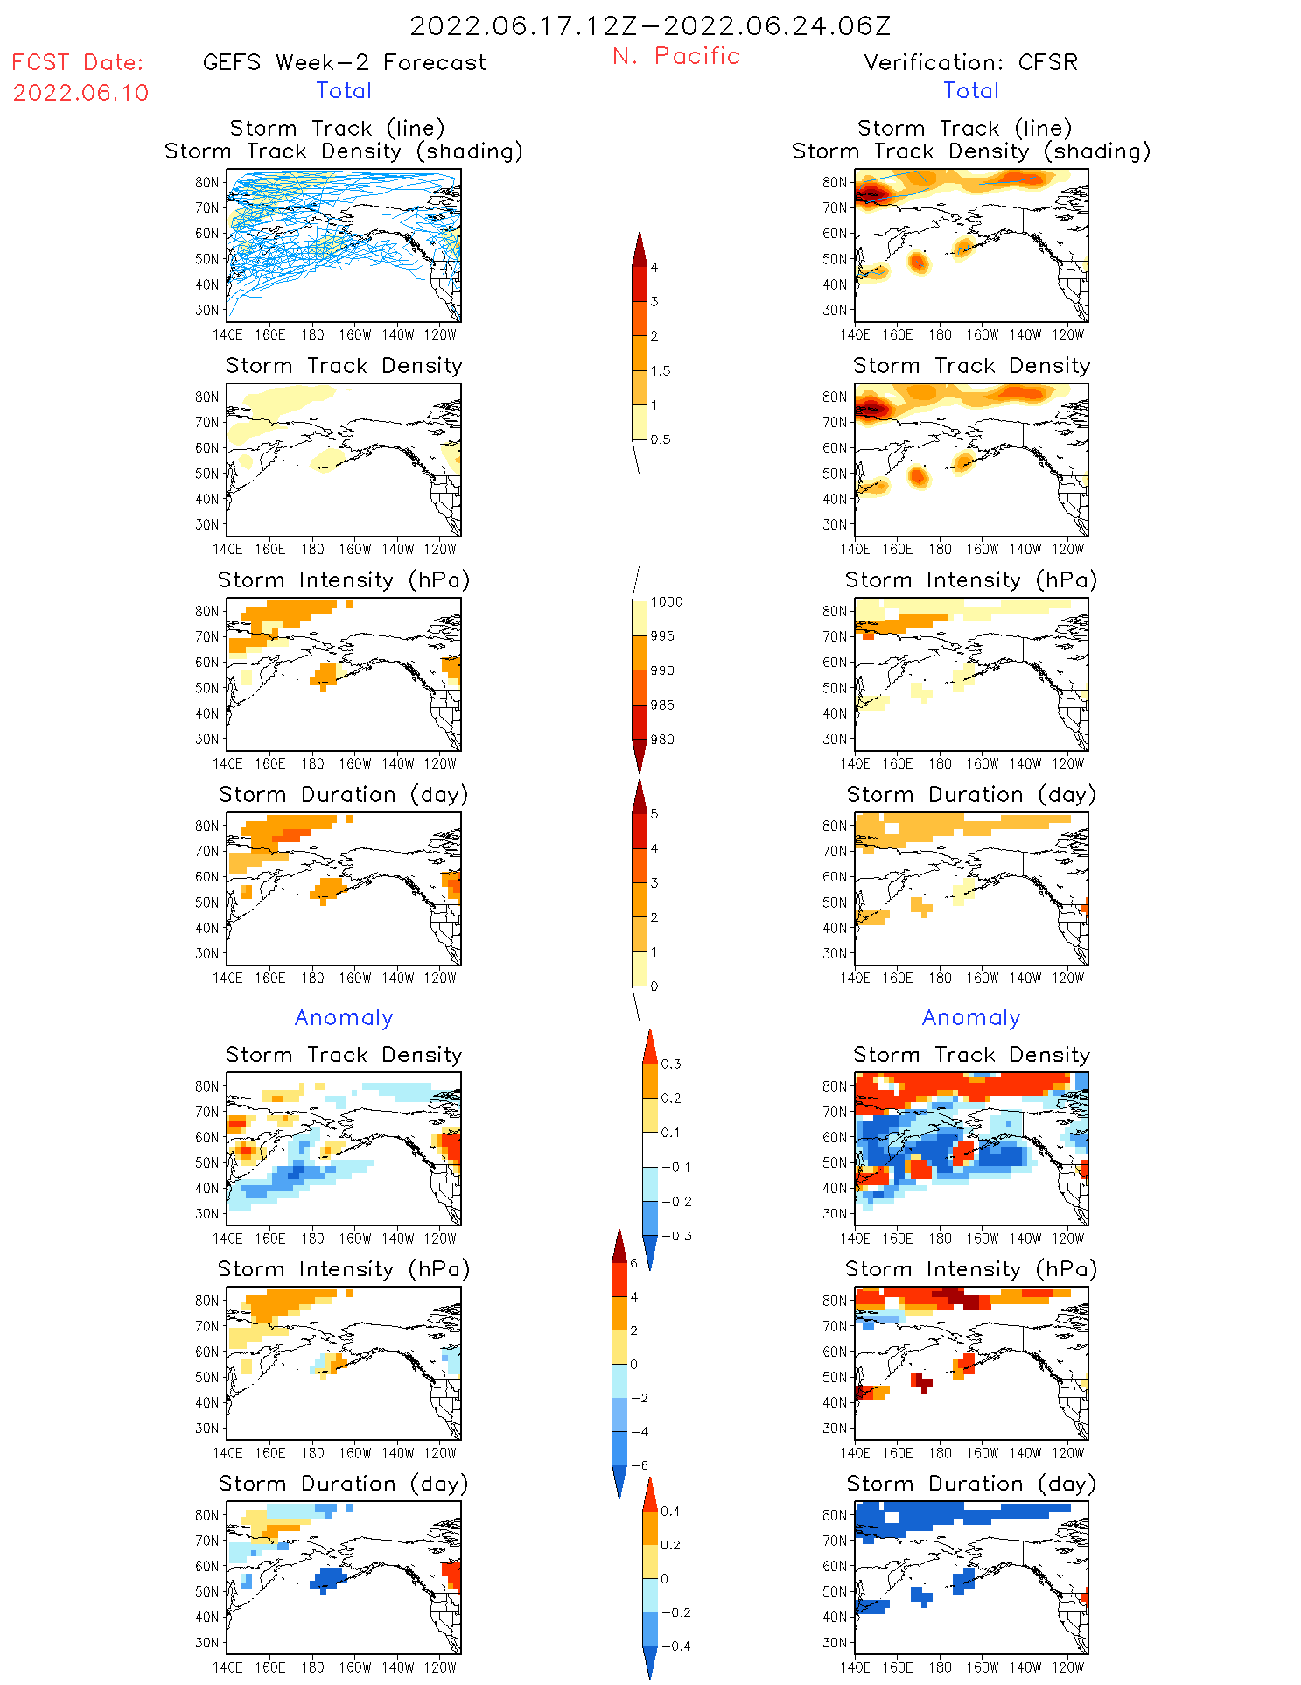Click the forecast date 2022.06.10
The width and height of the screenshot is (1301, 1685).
point(80,93)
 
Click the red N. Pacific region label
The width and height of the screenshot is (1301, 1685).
point(676,56)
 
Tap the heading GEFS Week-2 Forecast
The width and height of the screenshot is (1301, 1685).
point(344,62)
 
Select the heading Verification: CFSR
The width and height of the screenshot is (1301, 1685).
point(970,62)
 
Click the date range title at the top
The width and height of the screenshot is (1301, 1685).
point(650,25)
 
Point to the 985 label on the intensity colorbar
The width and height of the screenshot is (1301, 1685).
point(662,706)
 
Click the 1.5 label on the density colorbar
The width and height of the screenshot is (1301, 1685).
point(661,370)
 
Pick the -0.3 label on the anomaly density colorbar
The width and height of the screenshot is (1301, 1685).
point(675,1236)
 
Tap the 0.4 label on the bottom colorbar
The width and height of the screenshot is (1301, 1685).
point(670,1511)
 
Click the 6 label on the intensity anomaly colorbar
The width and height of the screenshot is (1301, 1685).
point(634,1263)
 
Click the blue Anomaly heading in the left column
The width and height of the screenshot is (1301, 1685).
point(344,1017)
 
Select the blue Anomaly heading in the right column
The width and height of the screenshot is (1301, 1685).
point(971,1017)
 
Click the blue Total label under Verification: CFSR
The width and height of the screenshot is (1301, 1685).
point(971,90)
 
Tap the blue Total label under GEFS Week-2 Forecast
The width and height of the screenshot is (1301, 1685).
point(344,90)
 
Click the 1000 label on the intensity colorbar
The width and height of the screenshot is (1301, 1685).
point(666,601)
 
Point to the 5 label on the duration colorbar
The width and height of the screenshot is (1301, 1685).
point(654,813)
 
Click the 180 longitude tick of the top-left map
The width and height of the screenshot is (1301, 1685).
point(312,334)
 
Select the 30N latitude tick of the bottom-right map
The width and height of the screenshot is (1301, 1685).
point(835,1642)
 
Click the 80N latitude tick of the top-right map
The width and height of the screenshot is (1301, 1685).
point(835,182)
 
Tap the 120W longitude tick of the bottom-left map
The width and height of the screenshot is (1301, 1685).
point(440,1667)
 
